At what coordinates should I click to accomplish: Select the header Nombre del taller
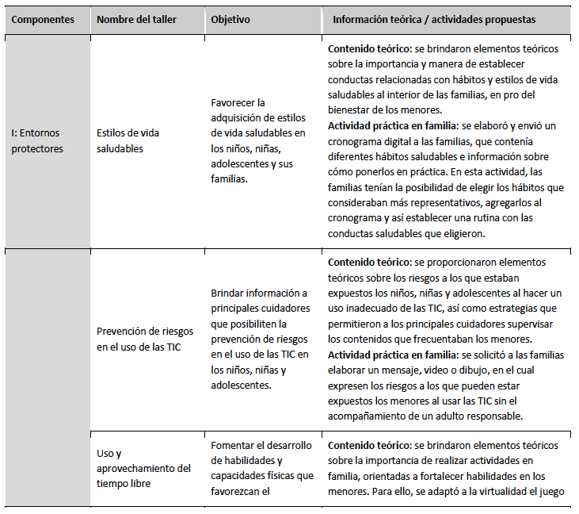point(135,20)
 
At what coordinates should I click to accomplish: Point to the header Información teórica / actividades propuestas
point(434,20)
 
